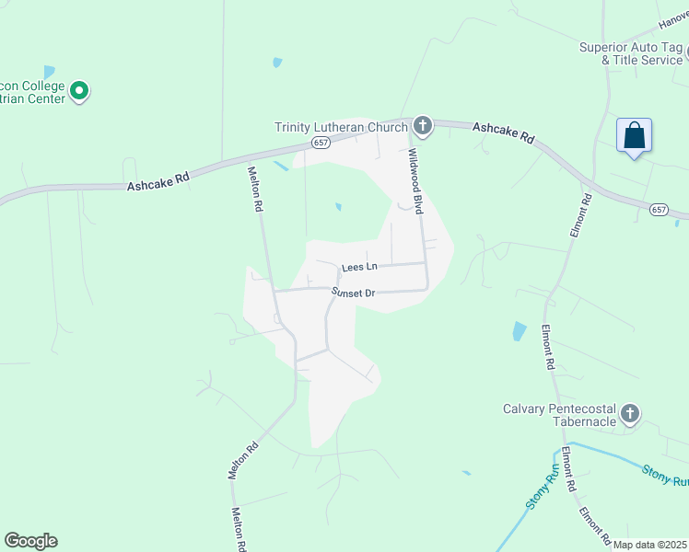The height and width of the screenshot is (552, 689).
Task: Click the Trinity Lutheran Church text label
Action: click(341, 127)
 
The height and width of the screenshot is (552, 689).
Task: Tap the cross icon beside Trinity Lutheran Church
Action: click(423, 125)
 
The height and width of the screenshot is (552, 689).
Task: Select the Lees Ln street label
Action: click(359, 267)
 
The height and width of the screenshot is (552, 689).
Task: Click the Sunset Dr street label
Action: click(354, 293)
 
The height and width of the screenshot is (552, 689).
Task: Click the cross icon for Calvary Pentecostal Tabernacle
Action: click(630, 413)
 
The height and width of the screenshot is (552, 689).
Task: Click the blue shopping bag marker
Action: click(634, 135)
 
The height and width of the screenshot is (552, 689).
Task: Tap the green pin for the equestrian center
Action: click(79, 90)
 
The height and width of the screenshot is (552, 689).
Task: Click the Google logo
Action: click(30, 541)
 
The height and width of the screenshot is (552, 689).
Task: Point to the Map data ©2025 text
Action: click(649, 545)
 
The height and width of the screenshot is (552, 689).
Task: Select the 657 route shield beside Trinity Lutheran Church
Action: click(320, 143)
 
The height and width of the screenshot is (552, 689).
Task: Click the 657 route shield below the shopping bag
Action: click(658, 210)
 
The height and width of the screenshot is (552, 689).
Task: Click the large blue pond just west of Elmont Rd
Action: click(520, 332)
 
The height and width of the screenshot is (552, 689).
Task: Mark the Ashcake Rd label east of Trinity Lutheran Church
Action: click(504, 133)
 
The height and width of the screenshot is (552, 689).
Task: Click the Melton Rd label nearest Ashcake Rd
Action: click(255, 189)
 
